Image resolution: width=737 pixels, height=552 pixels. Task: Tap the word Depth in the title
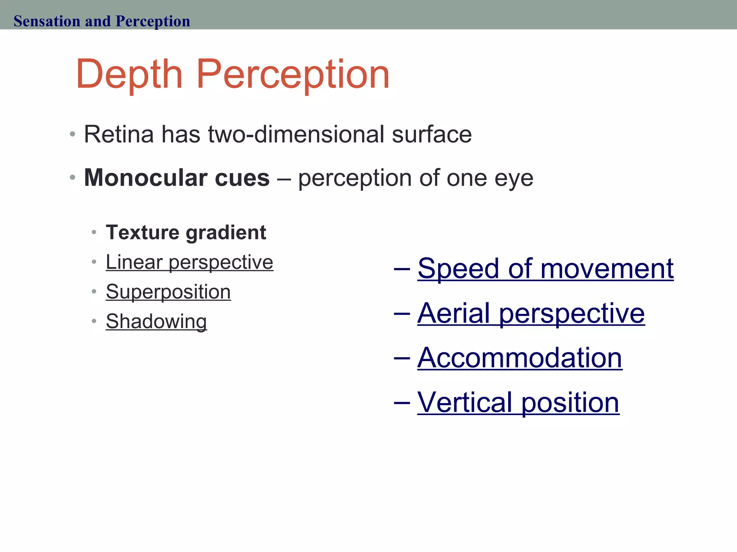129,74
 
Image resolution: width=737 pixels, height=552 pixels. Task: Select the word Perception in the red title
293,74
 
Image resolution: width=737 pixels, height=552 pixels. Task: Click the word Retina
118,134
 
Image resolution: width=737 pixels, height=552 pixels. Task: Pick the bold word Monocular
145,178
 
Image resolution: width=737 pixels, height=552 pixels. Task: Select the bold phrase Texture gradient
186,233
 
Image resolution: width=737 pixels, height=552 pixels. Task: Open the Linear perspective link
189,262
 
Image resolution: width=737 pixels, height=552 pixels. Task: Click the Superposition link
168,291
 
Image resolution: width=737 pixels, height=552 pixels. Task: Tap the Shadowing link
156,321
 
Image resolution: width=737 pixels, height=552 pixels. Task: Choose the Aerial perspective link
531,313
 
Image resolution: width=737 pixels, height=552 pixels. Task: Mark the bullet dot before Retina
73,134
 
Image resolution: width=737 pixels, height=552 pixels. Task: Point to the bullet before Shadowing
94,321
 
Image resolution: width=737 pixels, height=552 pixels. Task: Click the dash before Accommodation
402,358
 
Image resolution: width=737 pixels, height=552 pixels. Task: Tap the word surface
431,134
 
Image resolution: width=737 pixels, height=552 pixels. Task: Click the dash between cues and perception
284,178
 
